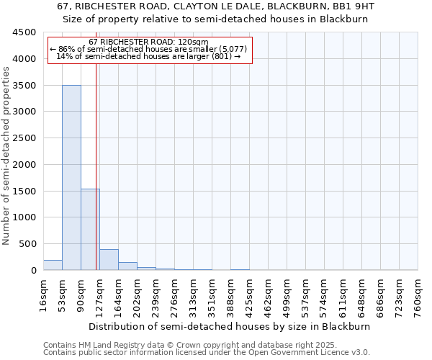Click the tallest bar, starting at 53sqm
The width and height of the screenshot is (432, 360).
click(71, 178)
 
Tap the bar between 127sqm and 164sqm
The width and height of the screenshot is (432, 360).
click(109, 260)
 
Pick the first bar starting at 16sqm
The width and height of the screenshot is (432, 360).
click(53, 265)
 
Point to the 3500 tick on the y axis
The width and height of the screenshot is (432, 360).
click(26, 86)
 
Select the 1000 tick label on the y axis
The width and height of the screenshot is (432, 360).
click(26, 217)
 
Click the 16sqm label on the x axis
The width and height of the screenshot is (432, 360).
click(43, 297)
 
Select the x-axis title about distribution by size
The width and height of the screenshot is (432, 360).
click(230, 326)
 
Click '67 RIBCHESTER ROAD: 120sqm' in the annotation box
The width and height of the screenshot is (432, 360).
click(149, 42)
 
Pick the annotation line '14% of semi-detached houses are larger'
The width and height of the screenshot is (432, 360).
click(149, 56)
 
